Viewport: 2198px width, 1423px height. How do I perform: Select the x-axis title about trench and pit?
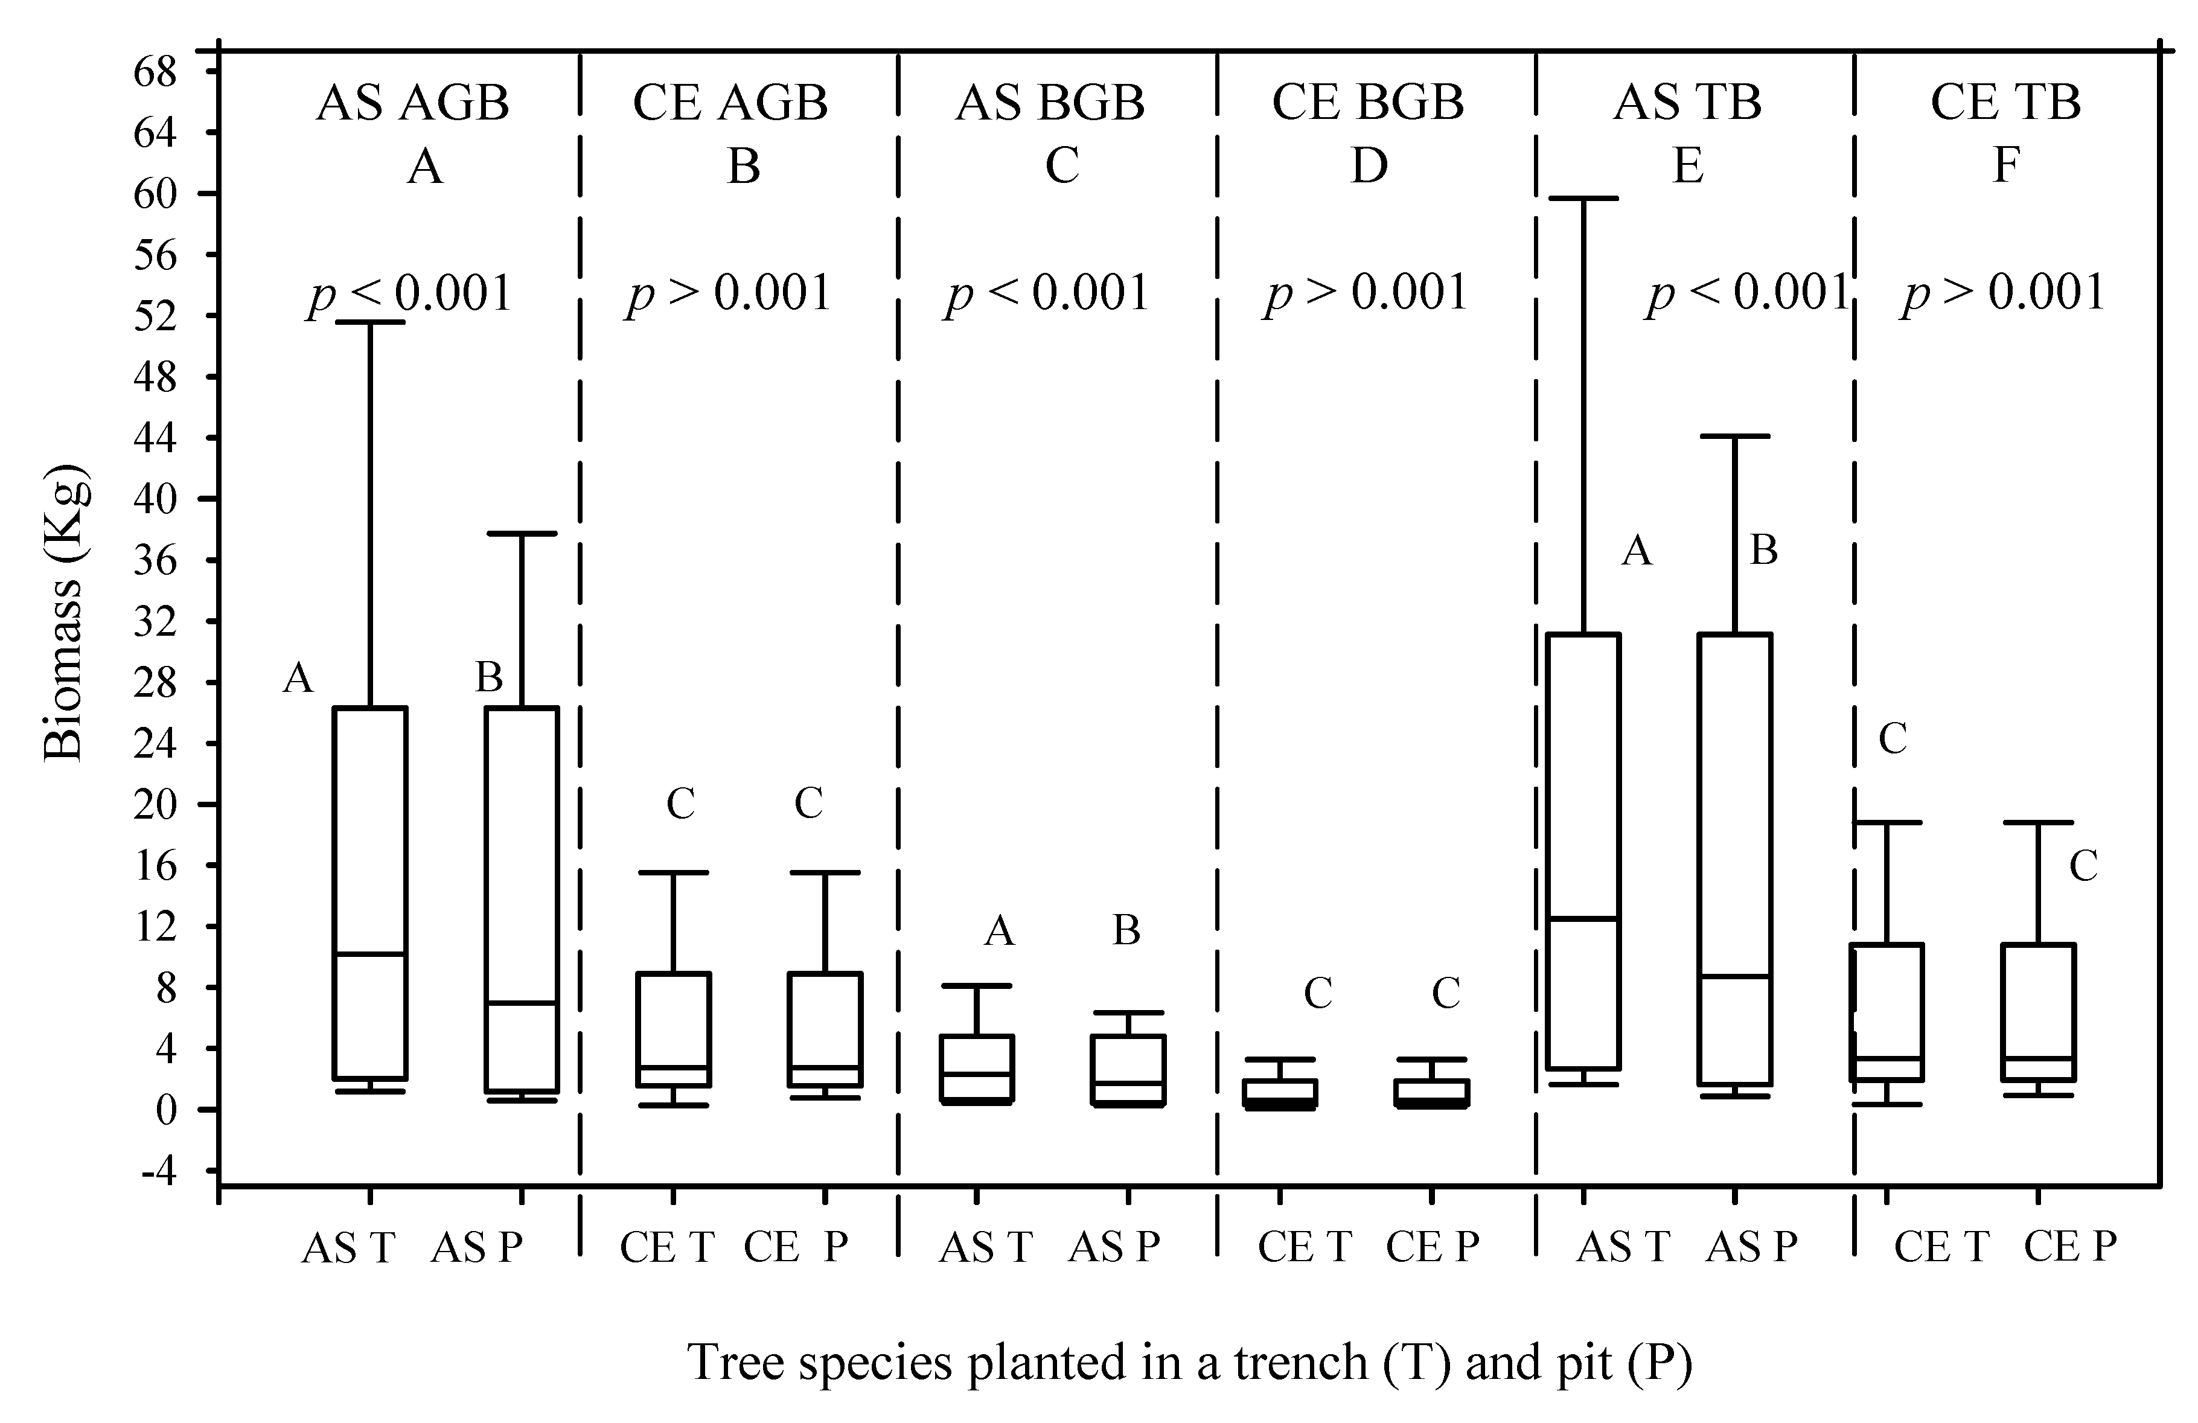coord(1189,1362)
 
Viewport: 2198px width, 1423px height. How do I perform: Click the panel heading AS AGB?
coord(413,103)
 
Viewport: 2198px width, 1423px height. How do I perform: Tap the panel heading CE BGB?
coord(1368,103)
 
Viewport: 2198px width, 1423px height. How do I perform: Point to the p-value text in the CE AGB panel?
coord(729,293)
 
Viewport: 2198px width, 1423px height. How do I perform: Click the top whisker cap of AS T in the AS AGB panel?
coord(369,322)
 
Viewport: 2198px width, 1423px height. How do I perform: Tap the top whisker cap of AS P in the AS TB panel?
coord(1734,436)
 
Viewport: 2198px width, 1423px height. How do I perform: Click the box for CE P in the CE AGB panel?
coord(825,1029)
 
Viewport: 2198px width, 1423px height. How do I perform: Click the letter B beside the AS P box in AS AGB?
coord(488,678)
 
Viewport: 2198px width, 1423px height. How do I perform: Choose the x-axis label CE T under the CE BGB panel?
coord(1303,1247)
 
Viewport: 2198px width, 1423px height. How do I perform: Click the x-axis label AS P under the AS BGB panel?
coord(1114,1247)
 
